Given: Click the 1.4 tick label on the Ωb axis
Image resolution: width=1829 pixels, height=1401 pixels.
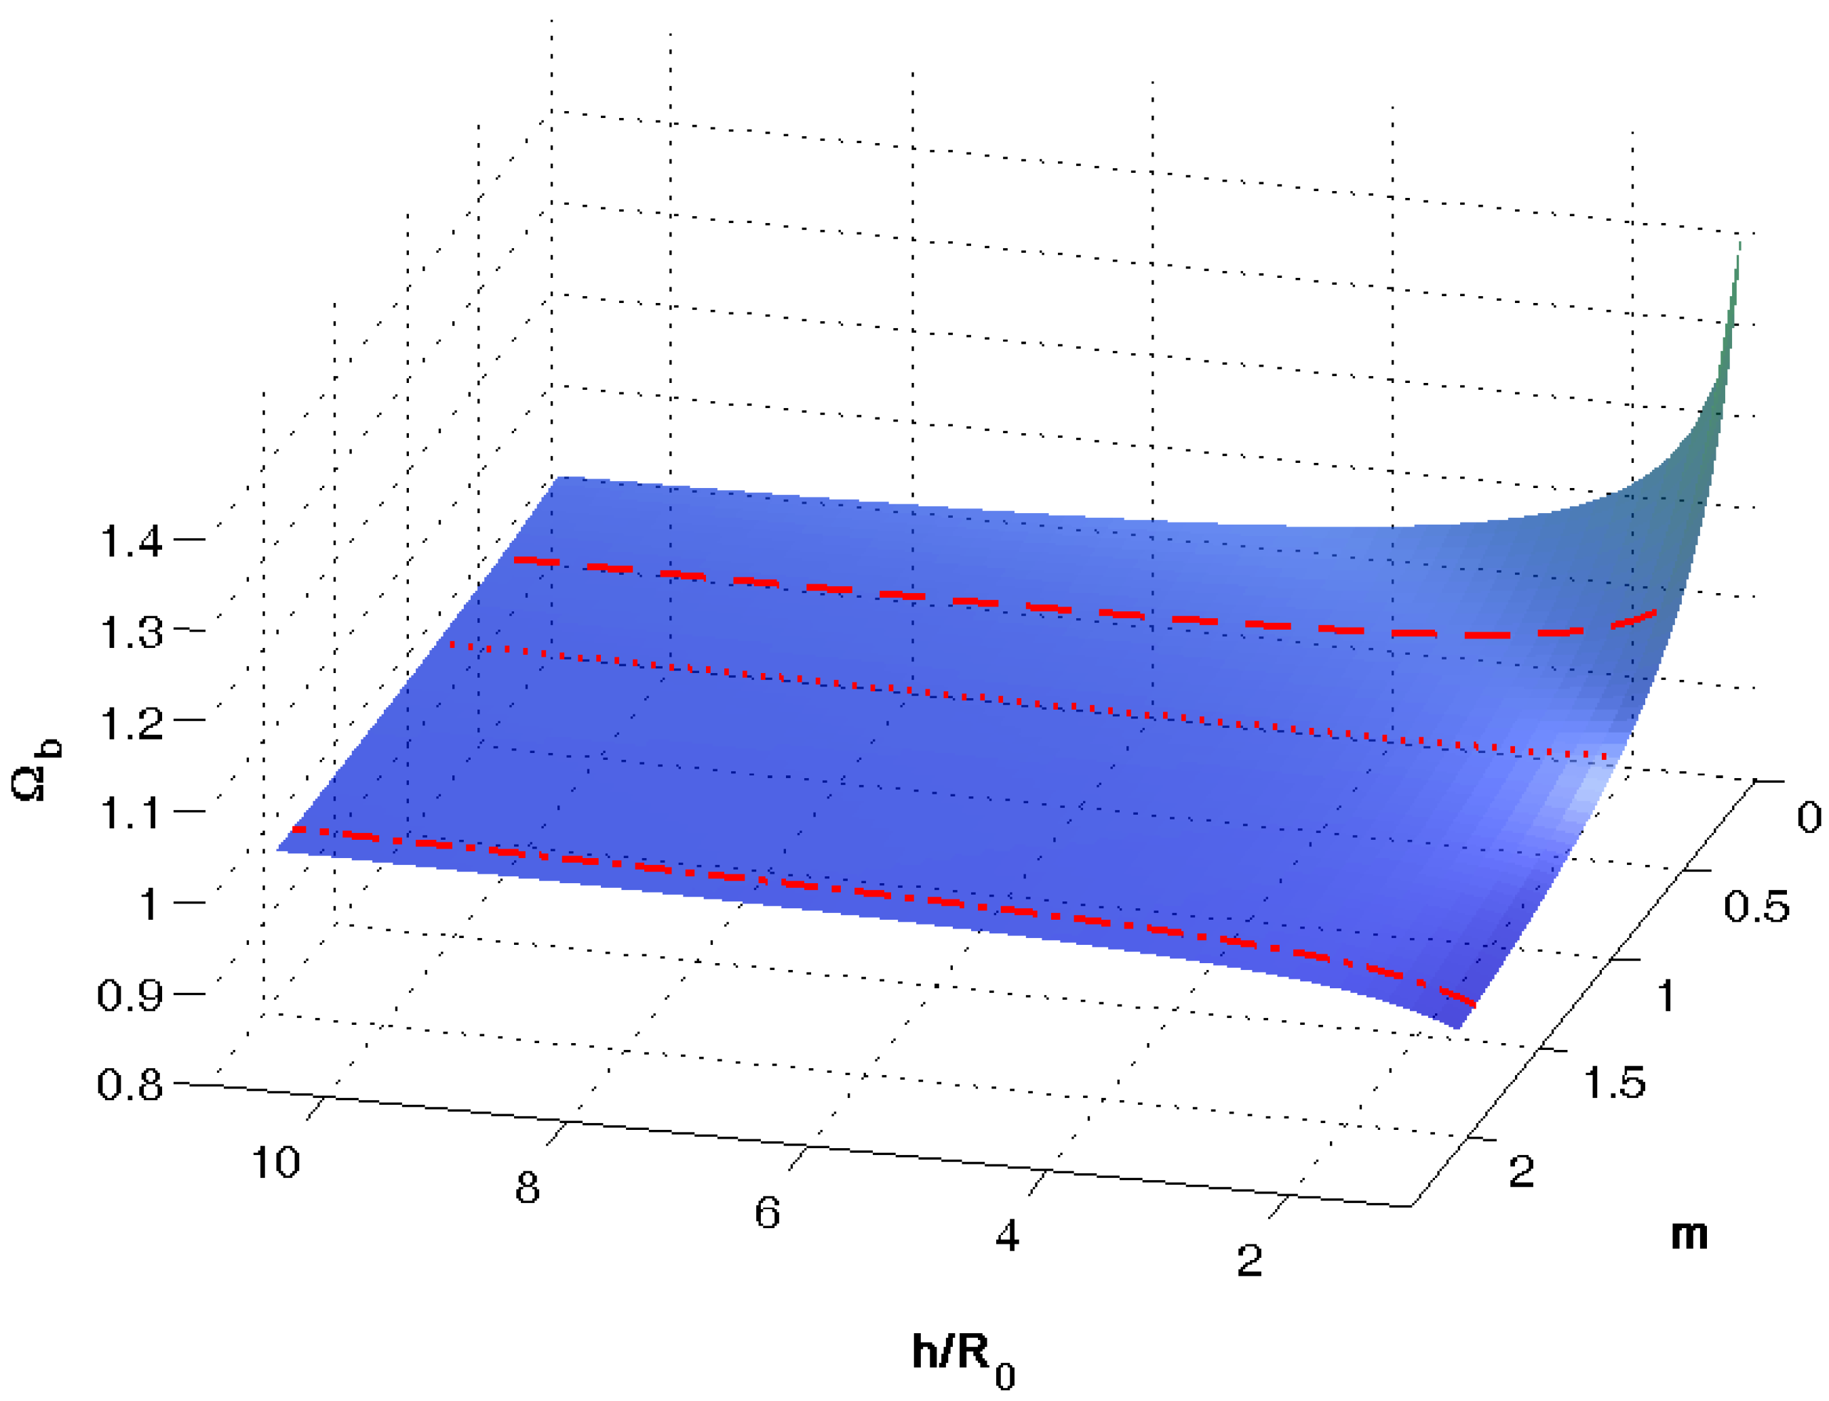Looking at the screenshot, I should coord(130,543).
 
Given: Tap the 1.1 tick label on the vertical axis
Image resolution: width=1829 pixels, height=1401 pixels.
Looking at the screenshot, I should coord(130,814).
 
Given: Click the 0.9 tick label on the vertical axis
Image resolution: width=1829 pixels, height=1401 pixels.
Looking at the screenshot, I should coord(130,995).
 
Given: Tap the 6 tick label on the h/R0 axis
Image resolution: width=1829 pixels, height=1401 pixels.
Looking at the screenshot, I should coord(767,1213).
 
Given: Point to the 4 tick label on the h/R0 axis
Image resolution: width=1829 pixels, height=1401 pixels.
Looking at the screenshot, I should coord(1007,1236).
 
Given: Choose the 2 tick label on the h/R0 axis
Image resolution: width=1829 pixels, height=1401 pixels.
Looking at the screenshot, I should coord(1248,1261).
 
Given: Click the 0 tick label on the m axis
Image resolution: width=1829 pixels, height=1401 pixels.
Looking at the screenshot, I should coord(1808,818).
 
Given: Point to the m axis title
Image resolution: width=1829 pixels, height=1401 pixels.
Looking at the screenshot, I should coord(1689,1235).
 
